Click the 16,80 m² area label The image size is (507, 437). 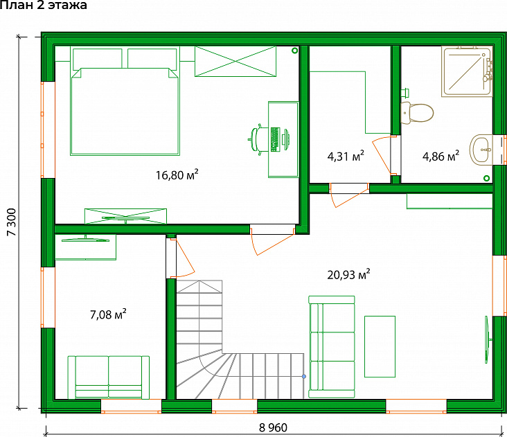point(177,175)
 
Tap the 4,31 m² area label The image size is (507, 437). point(346,156)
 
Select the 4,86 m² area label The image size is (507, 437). point(441,156)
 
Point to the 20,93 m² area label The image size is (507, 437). point(348,274)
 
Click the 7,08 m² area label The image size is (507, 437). point(108,314)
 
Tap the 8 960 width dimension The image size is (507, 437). point(273,427)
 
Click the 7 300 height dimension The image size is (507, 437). point(12,222)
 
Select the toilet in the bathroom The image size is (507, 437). point(417,112)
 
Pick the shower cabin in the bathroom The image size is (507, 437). point(467,71)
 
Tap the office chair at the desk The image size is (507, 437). point(258,139)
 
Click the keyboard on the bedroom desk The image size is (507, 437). point(275,140)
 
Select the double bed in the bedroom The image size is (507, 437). point(125,101)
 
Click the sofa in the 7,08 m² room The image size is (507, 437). point(109,377)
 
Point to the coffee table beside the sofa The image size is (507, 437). point(380,346)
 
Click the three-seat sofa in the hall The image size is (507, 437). point(332,346)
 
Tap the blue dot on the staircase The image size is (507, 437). point(304,376)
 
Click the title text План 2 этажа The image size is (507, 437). point(44,5)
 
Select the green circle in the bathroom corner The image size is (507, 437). point(486,178)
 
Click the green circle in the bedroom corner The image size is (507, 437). point(294,51)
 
